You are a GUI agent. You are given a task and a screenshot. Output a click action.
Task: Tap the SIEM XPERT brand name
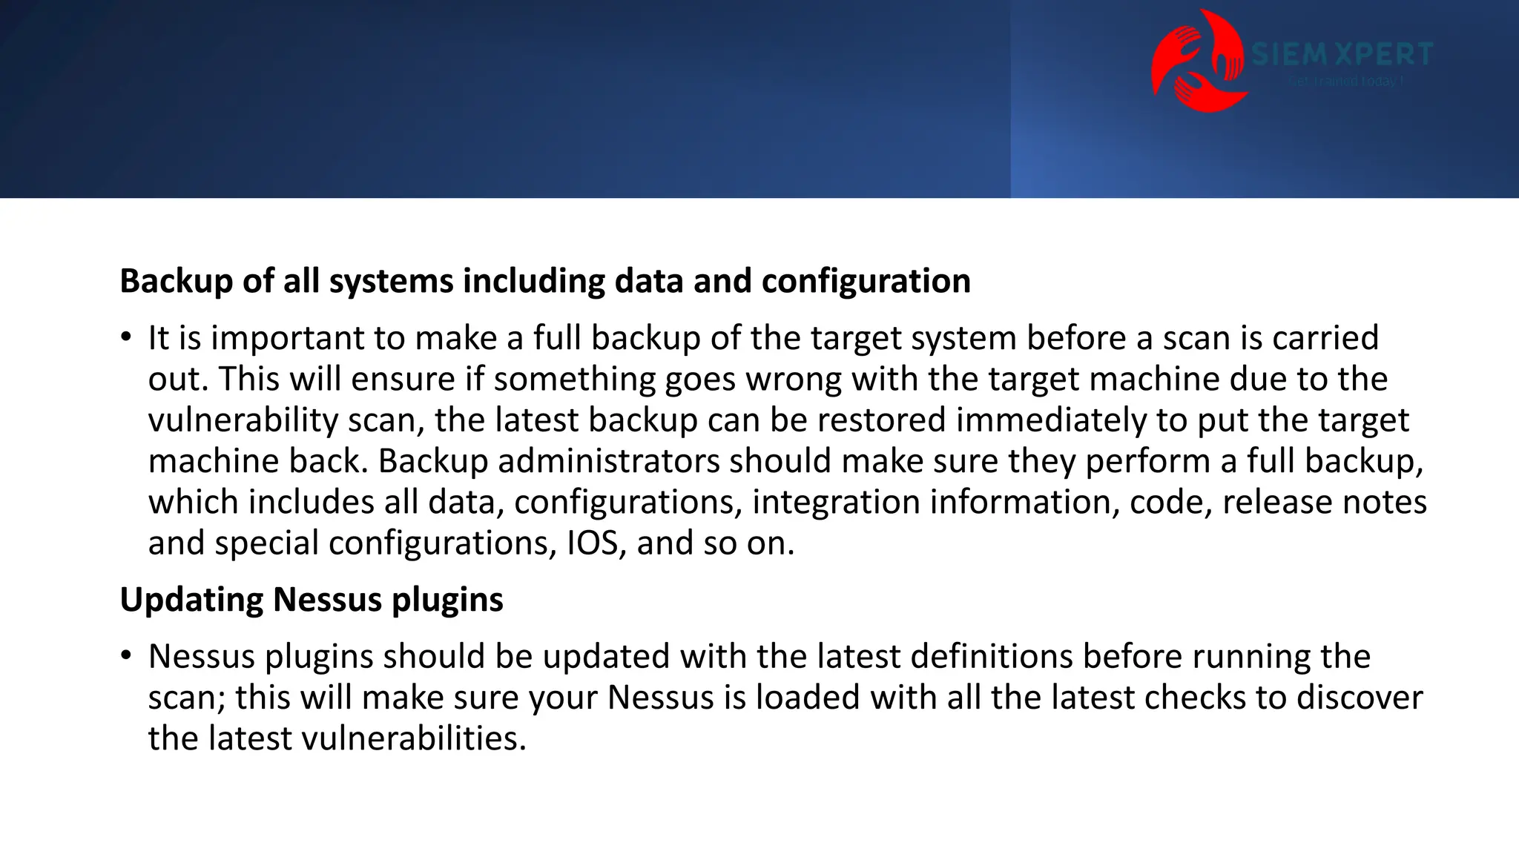pos(1342,54)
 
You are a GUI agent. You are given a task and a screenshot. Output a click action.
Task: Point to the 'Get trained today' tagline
pos(1345,81)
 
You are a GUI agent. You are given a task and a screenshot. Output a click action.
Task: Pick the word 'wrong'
pos(793,380)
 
